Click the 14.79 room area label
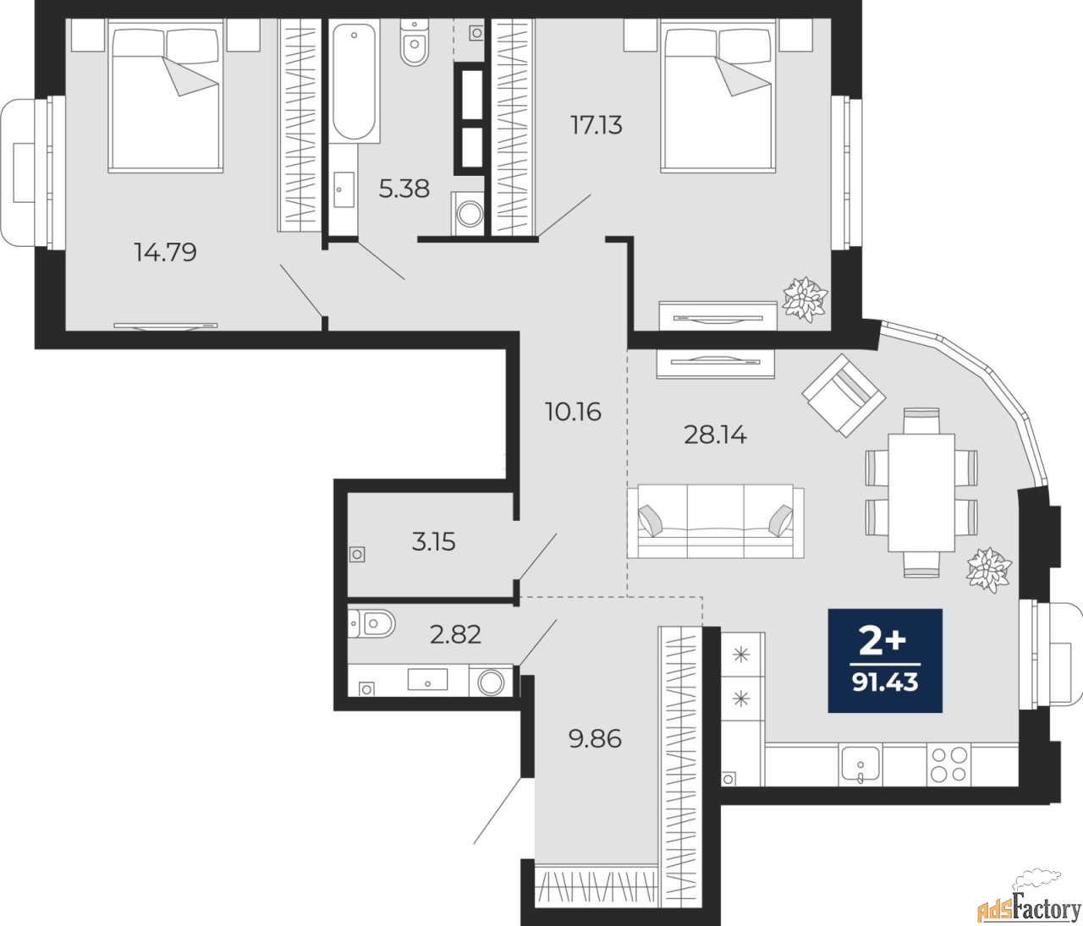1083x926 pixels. (x=166, y=251)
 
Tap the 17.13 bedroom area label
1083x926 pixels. (x=596, y=125)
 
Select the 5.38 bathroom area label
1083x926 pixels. (x=404, y=189)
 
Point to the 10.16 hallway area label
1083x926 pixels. (x=573, y=412)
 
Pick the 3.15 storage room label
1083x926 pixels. (x=433, y=541)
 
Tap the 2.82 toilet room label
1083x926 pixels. (x=455, y=633)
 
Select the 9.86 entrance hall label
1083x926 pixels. (x=595, y=738)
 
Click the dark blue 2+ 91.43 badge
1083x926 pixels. (x=885, y=660)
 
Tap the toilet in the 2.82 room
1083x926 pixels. (x=372, y=624)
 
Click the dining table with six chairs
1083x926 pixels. (x=921, y=491)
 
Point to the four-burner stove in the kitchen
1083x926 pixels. (x=948, y=764)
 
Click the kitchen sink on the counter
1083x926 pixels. (x=861, y=764)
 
